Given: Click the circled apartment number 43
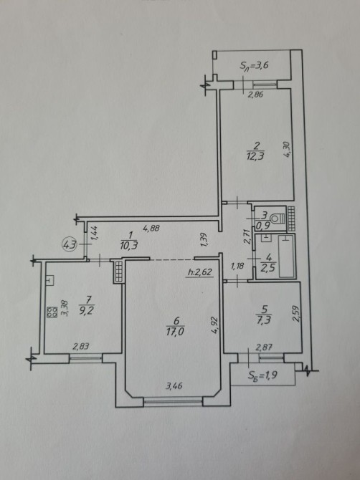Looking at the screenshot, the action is point(70,244).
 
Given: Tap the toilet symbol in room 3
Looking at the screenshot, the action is point(278,219).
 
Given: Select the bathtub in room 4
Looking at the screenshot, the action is point(287,256).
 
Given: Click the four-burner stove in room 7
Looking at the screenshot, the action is point(52,312).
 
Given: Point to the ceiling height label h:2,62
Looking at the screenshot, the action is point(200,272).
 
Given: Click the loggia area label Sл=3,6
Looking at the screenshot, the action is point(255,66).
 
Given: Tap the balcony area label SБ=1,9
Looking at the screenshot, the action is point(262,375).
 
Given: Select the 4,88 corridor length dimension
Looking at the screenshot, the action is point(151,228).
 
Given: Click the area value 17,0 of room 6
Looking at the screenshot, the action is point(175,332).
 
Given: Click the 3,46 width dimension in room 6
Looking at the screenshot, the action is point(174,385).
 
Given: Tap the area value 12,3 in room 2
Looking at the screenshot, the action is point(255,156).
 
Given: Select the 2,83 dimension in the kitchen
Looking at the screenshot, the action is point(81,346).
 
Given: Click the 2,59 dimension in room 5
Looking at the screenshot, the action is point(295,314).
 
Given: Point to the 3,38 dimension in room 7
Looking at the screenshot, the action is point(65,308).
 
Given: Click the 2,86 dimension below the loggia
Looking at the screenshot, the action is point(255,95).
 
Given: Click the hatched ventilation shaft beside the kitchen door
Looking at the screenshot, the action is point(118,272).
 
